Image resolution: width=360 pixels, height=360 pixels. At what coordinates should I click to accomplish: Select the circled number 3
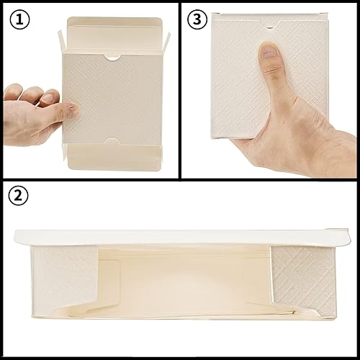point(197,19)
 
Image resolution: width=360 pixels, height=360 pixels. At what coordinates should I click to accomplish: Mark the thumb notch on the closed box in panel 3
point(269,28)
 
